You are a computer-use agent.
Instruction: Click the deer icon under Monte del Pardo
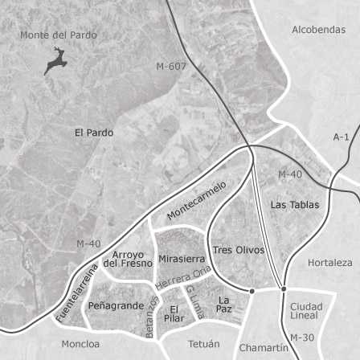coord(55,61)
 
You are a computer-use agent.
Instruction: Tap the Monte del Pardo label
coord(59,35)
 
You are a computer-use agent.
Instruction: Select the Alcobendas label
coord(319,30)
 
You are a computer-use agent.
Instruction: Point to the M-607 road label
coord(172,66)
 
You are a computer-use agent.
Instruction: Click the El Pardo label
coord(94,133)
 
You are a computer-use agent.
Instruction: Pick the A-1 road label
coord(341,137)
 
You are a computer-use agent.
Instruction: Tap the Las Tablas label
coord(295,205)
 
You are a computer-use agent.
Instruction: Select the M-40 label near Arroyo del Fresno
coord(88,243)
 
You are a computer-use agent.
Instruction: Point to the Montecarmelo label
coord(197,201)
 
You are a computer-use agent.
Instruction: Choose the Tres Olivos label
coord(239,250)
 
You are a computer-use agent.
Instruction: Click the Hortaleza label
coord(329,263)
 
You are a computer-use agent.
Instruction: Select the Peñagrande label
coord(116,306)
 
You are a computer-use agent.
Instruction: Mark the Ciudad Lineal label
coord(306,310)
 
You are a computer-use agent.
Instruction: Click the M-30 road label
coord(301,337)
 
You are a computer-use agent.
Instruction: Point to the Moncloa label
coord(81,344)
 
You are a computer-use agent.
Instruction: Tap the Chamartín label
coord(263,348)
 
